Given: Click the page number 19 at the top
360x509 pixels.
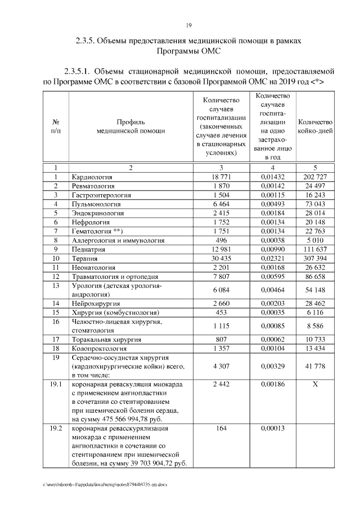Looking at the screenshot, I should [x=189, y=25].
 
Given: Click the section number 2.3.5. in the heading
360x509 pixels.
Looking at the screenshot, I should [x=88, y=41].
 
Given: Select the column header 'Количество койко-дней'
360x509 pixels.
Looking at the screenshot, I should [x=315, y=127].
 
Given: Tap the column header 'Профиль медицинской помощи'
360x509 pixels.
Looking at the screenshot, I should [x=130, y=127].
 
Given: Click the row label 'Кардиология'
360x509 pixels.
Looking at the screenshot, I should [x=92, y=177].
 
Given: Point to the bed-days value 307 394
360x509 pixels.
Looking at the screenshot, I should [x=315, y=258].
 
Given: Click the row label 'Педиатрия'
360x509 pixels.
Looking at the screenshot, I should [x=89, y=249].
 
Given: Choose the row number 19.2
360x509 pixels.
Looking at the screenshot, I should [x=56, y=429].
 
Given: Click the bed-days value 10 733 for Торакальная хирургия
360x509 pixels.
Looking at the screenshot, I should [x=315, y=340].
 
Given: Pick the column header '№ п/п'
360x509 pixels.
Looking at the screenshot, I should [x=56, y=127].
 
